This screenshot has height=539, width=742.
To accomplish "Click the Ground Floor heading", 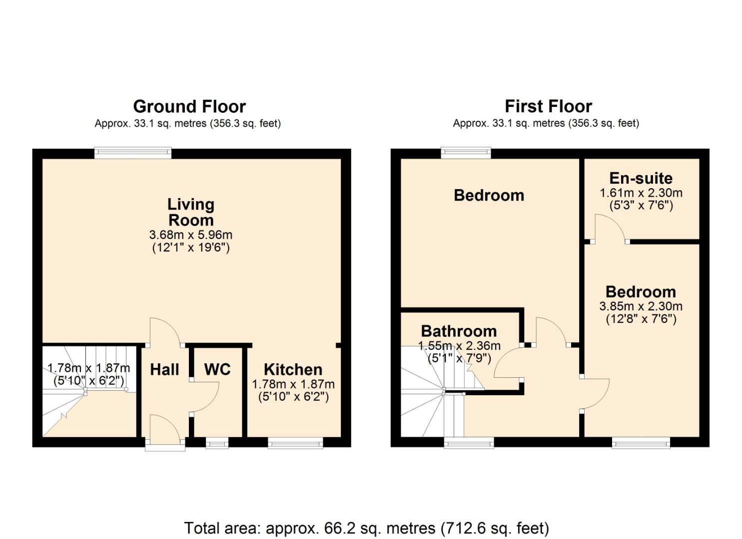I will click(189, 106).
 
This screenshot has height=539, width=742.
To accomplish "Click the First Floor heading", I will click(548, 106).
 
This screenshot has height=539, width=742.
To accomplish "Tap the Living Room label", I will click(191, 212).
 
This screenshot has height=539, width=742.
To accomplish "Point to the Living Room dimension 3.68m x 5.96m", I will click(191, 235).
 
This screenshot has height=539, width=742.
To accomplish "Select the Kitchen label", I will click(293, 369).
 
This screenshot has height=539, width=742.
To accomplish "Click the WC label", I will click(217, 369).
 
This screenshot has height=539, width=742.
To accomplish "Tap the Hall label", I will click(164, 369).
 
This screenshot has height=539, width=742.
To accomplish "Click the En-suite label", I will click(641, 178).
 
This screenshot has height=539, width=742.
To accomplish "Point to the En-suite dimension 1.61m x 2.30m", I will click(641, 193).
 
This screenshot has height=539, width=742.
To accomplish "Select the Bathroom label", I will click(459, 331).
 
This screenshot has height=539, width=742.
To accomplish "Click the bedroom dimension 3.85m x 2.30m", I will click(641, 306).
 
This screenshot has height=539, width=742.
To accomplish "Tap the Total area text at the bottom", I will click(367, 528).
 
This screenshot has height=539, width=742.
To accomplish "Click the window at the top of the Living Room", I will click(133, 153).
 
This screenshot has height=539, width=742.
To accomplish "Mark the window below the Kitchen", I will click(295, 443).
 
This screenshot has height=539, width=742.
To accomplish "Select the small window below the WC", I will click(217, 442).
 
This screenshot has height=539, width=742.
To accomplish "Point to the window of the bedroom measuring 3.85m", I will click(641, 443).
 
